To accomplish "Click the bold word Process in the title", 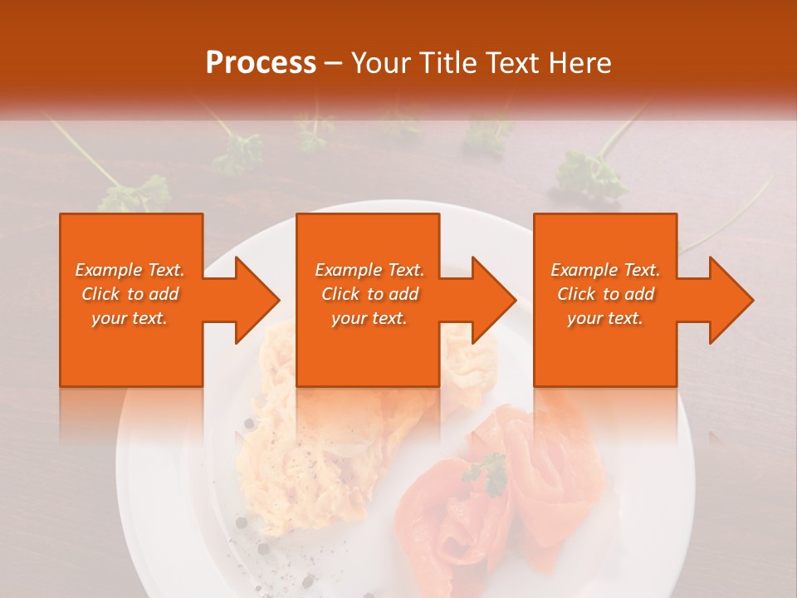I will (x=261, y=62).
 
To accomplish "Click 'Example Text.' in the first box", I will (x=130, y=270).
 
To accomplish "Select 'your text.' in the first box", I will (x=130, y=318).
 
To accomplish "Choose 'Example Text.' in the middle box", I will (x=369, y=270).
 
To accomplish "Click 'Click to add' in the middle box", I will (x=369, y=294).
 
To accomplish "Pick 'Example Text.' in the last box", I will (x=605, y=270).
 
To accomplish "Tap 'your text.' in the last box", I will (x=605, y=318).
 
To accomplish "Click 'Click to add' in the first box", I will (x=130, y=294).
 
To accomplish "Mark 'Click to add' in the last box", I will (x=605, y=294).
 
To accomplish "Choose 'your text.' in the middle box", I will (x=369, y=318).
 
